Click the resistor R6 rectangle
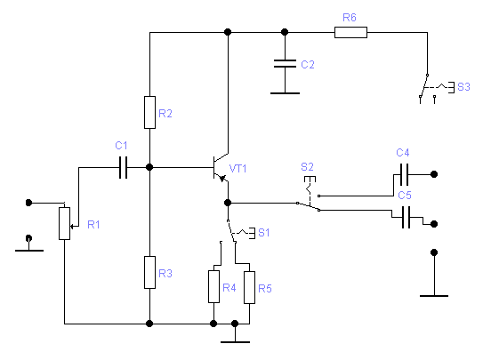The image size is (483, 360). (350, 32)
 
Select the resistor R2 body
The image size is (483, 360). (149, 112)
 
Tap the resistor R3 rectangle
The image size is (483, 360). (149, 272)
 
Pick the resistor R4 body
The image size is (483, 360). (213, 287)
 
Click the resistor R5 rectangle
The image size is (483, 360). (250, 287)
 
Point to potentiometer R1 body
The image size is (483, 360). (64, 223)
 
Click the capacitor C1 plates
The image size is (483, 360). (124, 167)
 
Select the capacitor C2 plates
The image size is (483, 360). (285, 64)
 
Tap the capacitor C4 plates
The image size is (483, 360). (404, 174)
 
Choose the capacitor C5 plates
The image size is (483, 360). (406, 217)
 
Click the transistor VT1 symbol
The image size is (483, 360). (221, 168)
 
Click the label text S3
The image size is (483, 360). (463, 87)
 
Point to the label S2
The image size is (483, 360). (307, 167)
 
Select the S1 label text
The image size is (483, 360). (264, 233)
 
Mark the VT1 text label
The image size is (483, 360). (237, 169)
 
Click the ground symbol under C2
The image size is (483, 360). (285, 93)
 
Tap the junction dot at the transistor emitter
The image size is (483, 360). (228, 203)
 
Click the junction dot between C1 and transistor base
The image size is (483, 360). (149, 167)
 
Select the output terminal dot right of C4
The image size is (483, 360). (434, 174)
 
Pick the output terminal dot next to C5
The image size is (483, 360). (434, 224)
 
